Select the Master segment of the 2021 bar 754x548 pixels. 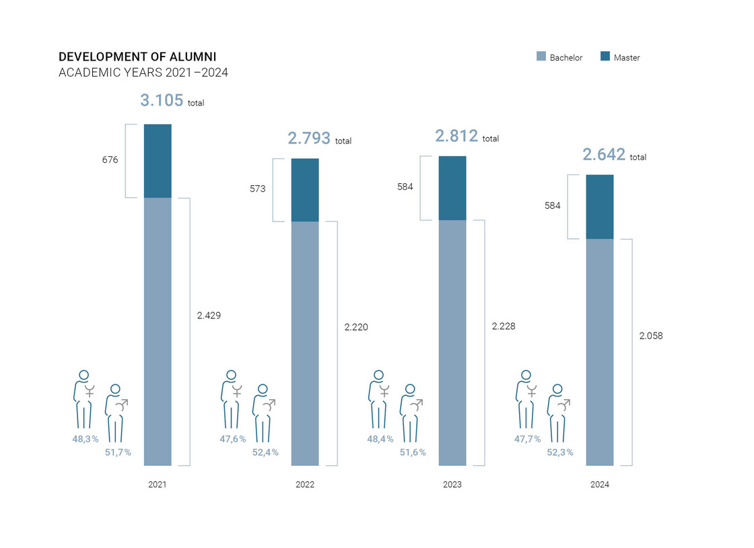tap(158, 161)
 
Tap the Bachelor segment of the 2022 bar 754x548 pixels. tap(305, 343)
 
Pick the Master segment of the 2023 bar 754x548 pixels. tap(452, 189)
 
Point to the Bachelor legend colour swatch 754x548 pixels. tap(541, 57)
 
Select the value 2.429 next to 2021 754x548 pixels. tap(209, 315)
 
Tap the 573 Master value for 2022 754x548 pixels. tap(258, 189)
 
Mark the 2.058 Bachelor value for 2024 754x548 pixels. tap(651, 335)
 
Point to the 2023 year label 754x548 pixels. tap(452, 485)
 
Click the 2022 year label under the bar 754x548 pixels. tap(305, 485)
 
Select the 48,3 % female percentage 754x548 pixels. tap(85, 439)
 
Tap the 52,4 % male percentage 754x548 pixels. tap(265, 452)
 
